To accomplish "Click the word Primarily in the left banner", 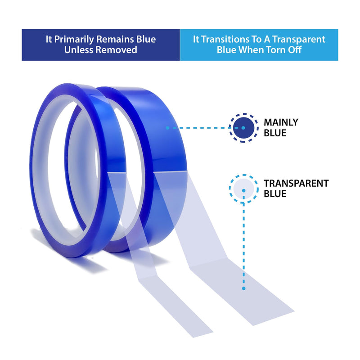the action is [x=74, y=40].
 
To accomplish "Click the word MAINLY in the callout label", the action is [x=281, y=122].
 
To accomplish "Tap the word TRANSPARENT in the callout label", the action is [x=296, y=184].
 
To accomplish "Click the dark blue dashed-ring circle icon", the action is [x=243, y=128].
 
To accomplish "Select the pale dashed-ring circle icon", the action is [x=243, y=189].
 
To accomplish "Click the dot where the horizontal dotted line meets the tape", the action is [x=167, y=128].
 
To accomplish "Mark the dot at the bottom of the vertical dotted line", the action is [x=243, y=288].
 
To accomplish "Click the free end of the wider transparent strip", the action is [x=273, y=319].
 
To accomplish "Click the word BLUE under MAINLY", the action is [x=275, y=133].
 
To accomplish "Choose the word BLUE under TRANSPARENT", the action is [x=275, y=194].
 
